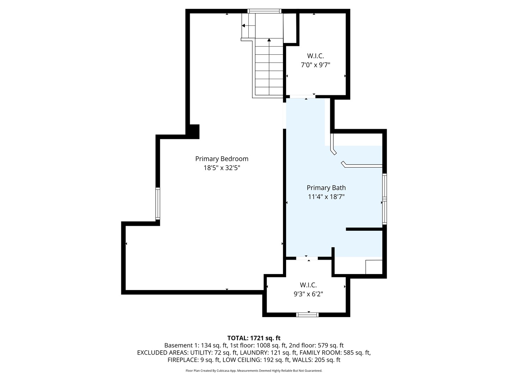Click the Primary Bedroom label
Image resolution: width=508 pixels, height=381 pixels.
[x=222, y=159]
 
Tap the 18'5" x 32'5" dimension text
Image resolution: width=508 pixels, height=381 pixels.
[x=222, y=168]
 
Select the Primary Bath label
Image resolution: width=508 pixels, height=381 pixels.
[x=326, y=188]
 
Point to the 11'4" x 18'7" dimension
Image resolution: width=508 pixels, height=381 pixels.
[x=326, y=196]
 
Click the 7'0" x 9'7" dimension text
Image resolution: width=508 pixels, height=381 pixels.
[x=315, y=65]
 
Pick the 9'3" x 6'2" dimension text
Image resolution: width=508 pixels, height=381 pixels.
[x=308, y=294]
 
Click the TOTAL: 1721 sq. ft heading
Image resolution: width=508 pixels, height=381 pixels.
[x=254, y=338]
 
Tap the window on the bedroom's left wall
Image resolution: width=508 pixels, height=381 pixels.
[x=158, y=203]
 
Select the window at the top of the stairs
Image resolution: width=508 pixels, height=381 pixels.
[x=264, y=11]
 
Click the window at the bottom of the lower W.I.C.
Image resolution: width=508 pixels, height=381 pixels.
[x=307, y=315]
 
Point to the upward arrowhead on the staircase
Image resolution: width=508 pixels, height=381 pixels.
[x=269, y=40]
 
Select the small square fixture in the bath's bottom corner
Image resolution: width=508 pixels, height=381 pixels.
[x=374, y=267]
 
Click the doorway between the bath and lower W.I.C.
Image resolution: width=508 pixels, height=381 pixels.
[x=307, y=258]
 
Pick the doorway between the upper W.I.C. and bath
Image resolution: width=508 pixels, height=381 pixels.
[x=303, y=97]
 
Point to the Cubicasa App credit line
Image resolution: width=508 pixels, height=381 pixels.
[x=254, y=370]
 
